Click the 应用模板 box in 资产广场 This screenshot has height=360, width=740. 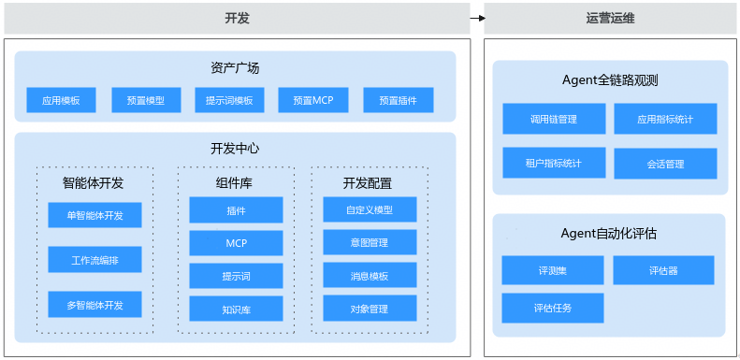click(61, 100)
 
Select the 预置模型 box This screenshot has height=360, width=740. click(146, 100)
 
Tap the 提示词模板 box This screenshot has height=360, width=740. click(229, 100)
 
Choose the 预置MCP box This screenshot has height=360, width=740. click(313, 100)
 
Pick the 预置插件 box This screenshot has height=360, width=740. click(399, 100)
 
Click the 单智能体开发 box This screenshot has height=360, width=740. click(94, 215)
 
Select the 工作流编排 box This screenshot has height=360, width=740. click(94, 260)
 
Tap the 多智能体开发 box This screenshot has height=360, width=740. click(94, 304)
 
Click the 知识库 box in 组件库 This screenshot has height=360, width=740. click(236, 310)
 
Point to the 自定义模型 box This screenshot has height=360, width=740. click(370, 209)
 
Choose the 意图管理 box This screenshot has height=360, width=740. click(370, 242)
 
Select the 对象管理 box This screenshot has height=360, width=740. click(370, 309)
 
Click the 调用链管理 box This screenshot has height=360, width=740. click(554, 119)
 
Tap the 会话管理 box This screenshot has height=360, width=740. click(665, 164)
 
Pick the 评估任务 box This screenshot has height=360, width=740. click(553, 308)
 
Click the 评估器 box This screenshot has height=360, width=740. click(663, 270)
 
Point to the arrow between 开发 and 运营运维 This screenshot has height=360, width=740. click(478, 19)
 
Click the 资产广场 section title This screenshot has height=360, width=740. click(235, 68)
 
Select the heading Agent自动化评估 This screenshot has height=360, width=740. click(609, 233)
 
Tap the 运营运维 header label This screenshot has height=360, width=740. click(610, 19)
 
